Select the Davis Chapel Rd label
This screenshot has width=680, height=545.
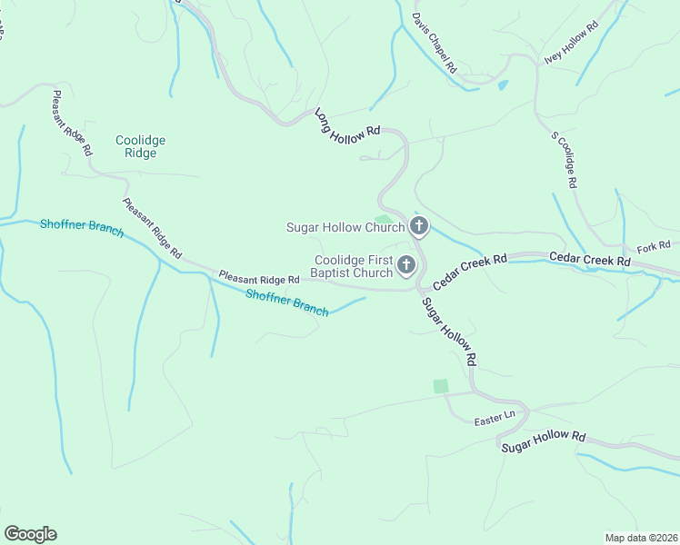[x=434, y=44]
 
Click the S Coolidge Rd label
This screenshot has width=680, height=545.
[x=565, y=160]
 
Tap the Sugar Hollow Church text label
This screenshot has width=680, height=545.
[x=345, y=227]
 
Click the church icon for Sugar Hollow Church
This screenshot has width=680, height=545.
[x=418, y=225]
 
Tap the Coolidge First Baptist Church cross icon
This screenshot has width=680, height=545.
[x=406, y=266]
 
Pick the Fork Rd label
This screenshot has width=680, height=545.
[x=653, y=246]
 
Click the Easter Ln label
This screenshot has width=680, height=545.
[x=495, y=421]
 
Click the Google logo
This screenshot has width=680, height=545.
[x=30, y=533]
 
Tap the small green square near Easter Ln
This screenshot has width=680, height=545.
[x=441, y=386]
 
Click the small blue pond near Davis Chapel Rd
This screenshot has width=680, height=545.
[x=503, y=85]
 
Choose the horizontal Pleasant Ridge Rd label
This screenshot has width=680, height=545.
[x=259, y=277]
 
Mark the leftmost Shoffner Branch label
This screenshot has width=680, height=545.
[x=82, y=227]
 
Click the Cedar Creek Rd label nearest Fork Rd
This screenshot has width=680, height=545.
[x=590, y=260]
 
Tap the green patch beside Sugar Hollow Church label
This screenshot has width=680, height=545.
[x=385, y=218]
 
